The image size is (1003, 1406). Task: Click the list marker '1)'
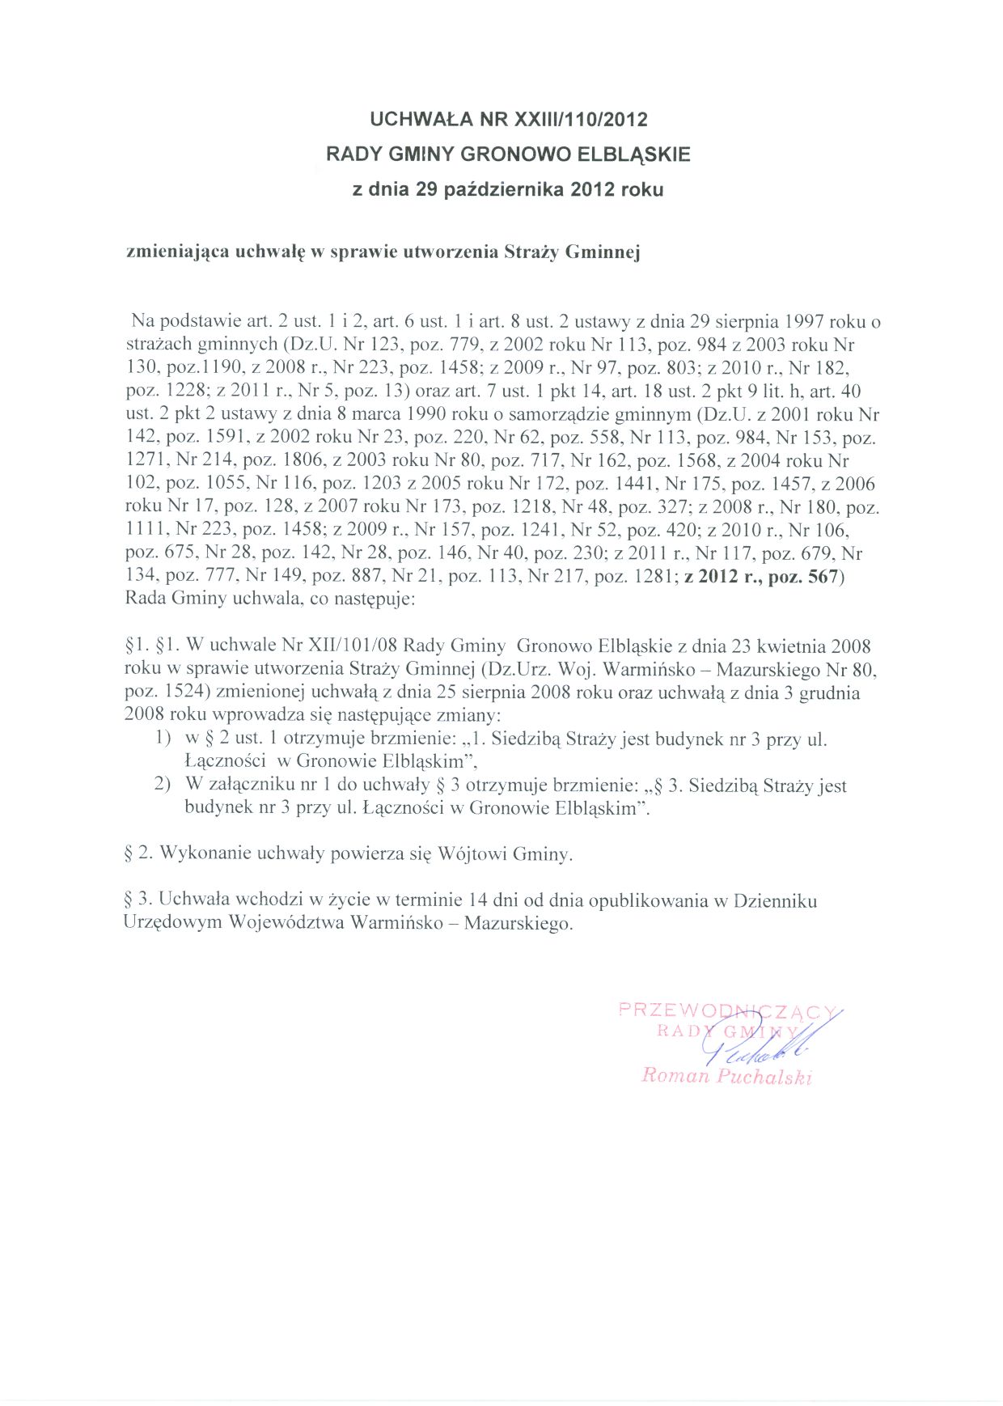tap(164, 739)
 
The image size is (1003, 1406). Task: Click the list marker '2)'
tap(164, 786)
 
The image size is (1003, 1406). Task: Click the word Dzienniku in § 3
tap(775, 900)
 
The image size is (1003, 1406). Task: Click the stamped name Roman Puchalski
tap(726, 1077)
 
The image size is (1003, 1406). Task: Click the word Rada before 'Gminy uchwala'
tap(143, 600)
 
